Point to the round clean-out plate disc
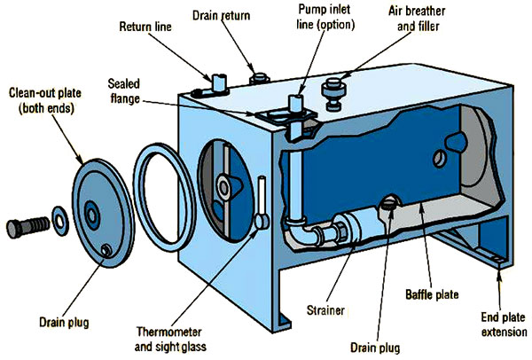click(x=97, y=210)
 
